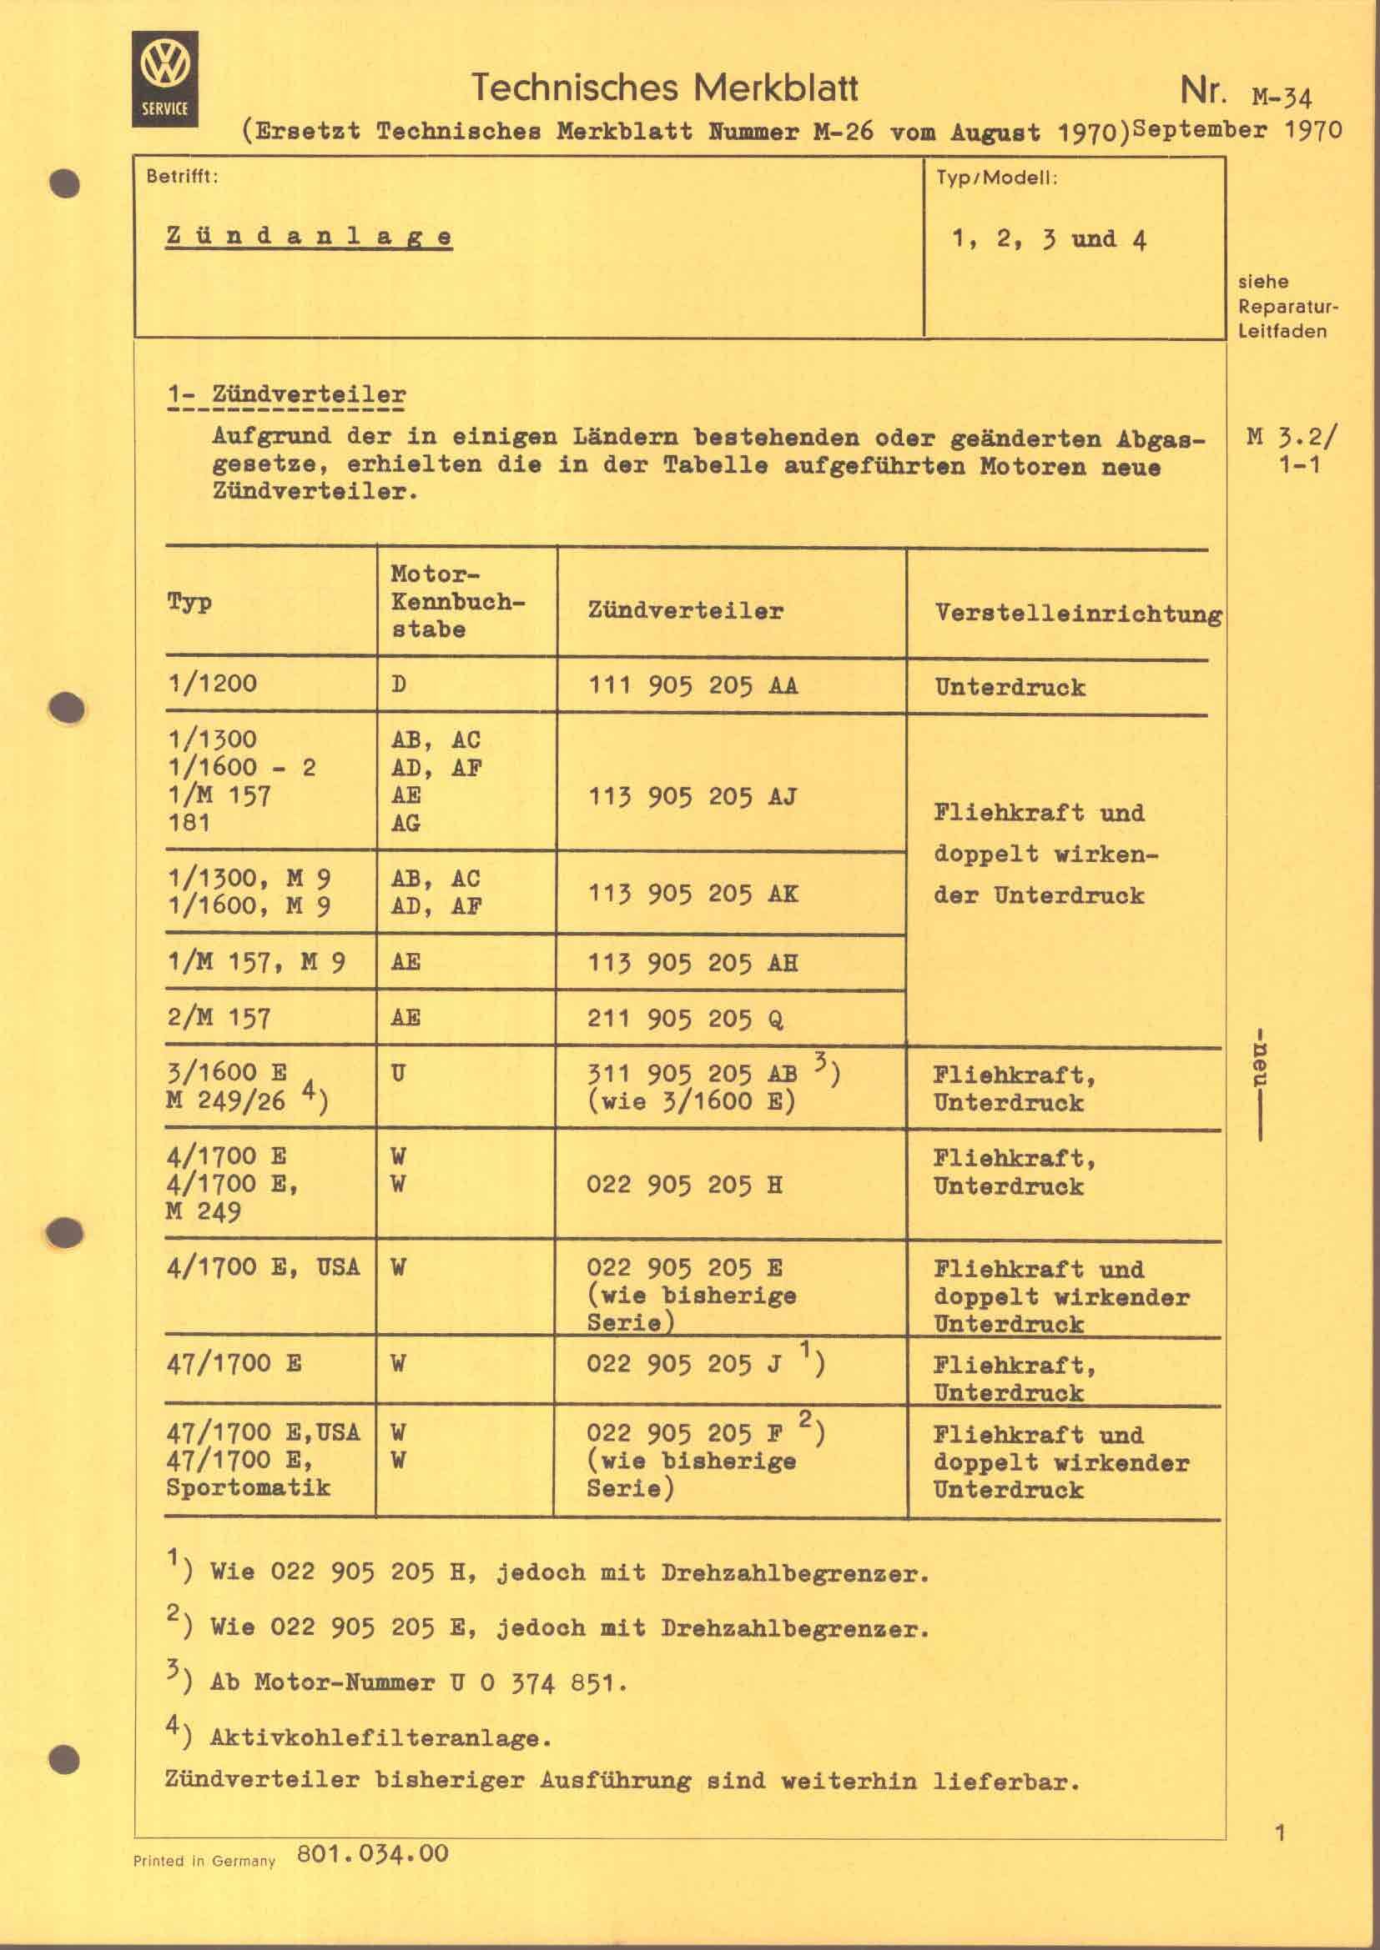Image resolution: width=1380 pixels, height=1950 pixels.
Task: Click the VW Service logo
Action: pyautogui.click(x=165, y=78)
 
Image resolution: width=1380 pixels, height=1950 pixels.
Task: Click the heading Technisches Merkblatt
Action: pyautogui.click(x=664, y=88)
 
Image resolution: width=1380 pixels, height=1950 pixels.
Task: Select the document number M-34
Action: pyautogui.click(x=1282, y=96)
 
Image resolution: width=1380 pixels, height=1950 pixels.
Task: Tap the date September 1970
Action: pyautogui.click(x=1237, y=130)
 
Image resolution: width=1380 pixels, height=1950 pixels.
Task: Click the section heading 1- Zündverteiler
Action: pyautogui.click(x=286, y=395)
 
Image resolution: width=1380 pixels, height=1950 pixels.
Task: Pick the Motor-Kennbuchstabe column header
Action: pyautogui.click(x=457, y=601)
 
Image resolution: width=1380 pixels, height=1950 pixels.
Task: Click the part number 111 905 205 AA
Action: pyautogui.click(x=693, y=684)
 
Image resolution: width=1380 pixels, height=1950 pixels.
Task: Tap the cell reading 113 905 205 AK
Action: pyautogui.click(x=693, y=893)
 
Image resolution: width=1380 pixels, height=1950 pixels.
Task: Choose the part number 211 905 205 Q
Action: pyautogui.click(x=685, y=1017)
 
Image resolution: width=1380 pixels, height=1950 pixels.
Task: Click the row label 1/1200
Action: pyautogui.click(x=213, y=683)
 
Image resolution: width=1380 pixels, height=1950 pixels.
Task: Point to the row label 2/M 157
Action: pyautogui.click(x=219, y=1016)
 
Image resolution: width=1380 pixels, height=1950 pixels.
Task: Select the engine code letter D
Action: pyautogui.click(x=399, y=684)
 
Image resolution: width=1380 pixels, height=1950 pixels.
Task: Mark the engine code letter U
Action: pyautogui.click(x=398, y=1073)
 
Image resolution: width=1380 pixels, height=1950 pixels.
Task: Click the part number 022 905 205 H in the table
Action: pyautogui.click(x=684, y=1183)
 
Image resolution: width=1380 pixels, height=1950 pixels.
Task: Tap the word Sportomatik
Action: pyautogui.click(x=248, y=1487)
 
